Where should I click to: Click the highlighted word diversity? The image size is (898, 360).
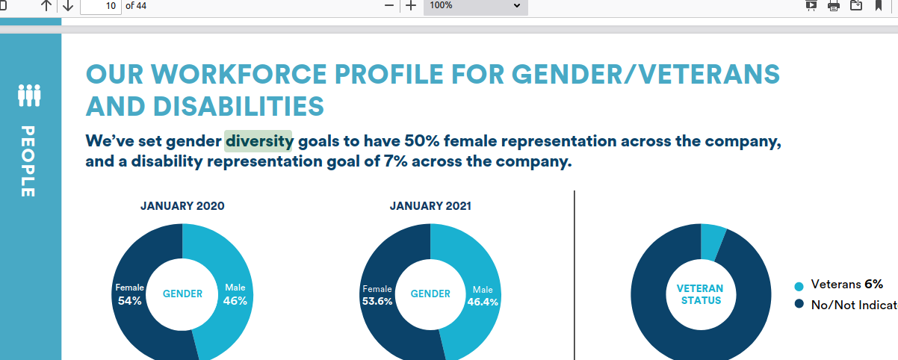click(259, 141)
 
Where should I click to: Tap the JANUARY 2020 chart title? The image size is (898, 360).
click(182, 206)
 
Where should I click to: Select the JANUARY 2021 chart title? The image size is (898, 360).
click(430, 206)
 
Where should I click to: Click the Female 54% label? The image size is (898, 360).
click(129, 294)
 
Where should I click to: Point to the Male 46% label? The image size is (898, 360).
click(235, 294)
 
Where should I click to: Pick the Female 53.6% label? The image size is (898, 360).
click(377, 295)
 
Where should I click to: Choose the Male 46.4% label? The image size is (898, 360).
click(483, 296)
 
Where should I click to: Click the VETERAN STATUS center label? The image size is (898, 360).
click(700, 294)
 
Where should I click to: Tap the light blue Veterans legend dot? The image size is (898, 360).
click(799, 286)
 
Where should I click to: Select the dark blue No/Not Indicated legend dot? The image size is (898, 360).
click(799, 304)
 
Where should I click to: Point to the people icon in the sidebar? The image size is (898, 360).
click(29, 96)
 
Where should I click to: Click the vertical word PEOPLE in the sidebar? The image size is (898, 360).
click(28, 161)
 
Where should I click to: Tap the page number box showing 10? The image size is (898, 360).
click(101, 6)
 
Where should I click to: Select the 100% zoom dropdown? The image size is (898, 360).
click(475, 6)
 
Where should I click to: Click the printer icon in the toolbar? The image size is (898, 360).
click(834, 6)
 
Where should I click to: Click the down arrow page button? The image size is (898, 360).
click(68, 6)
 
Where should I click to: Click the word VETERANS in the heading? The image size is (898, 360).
click(709, 75)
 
